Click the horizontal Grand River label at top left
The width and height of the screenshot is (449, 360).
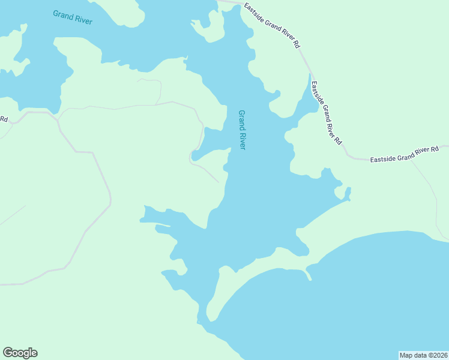tap(72, 16)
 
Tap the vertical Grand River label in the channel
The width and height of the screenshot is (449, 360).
tap(243, 130)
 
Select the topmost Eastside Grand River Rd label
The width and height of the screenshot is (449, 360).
tap(272, 25)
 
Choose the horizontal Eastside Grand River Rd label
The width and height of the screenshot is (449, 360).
tap(404, 154)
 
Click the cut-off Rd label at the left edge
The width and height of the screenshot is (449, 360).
tap(4, 119)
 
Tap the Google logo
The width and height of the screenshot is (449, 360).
tap(20, 353)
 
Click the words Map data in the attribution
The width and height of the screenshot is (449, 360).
tap(414, 355)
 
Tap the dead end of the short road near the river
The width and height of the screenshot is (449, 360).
tap(218, 181)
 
